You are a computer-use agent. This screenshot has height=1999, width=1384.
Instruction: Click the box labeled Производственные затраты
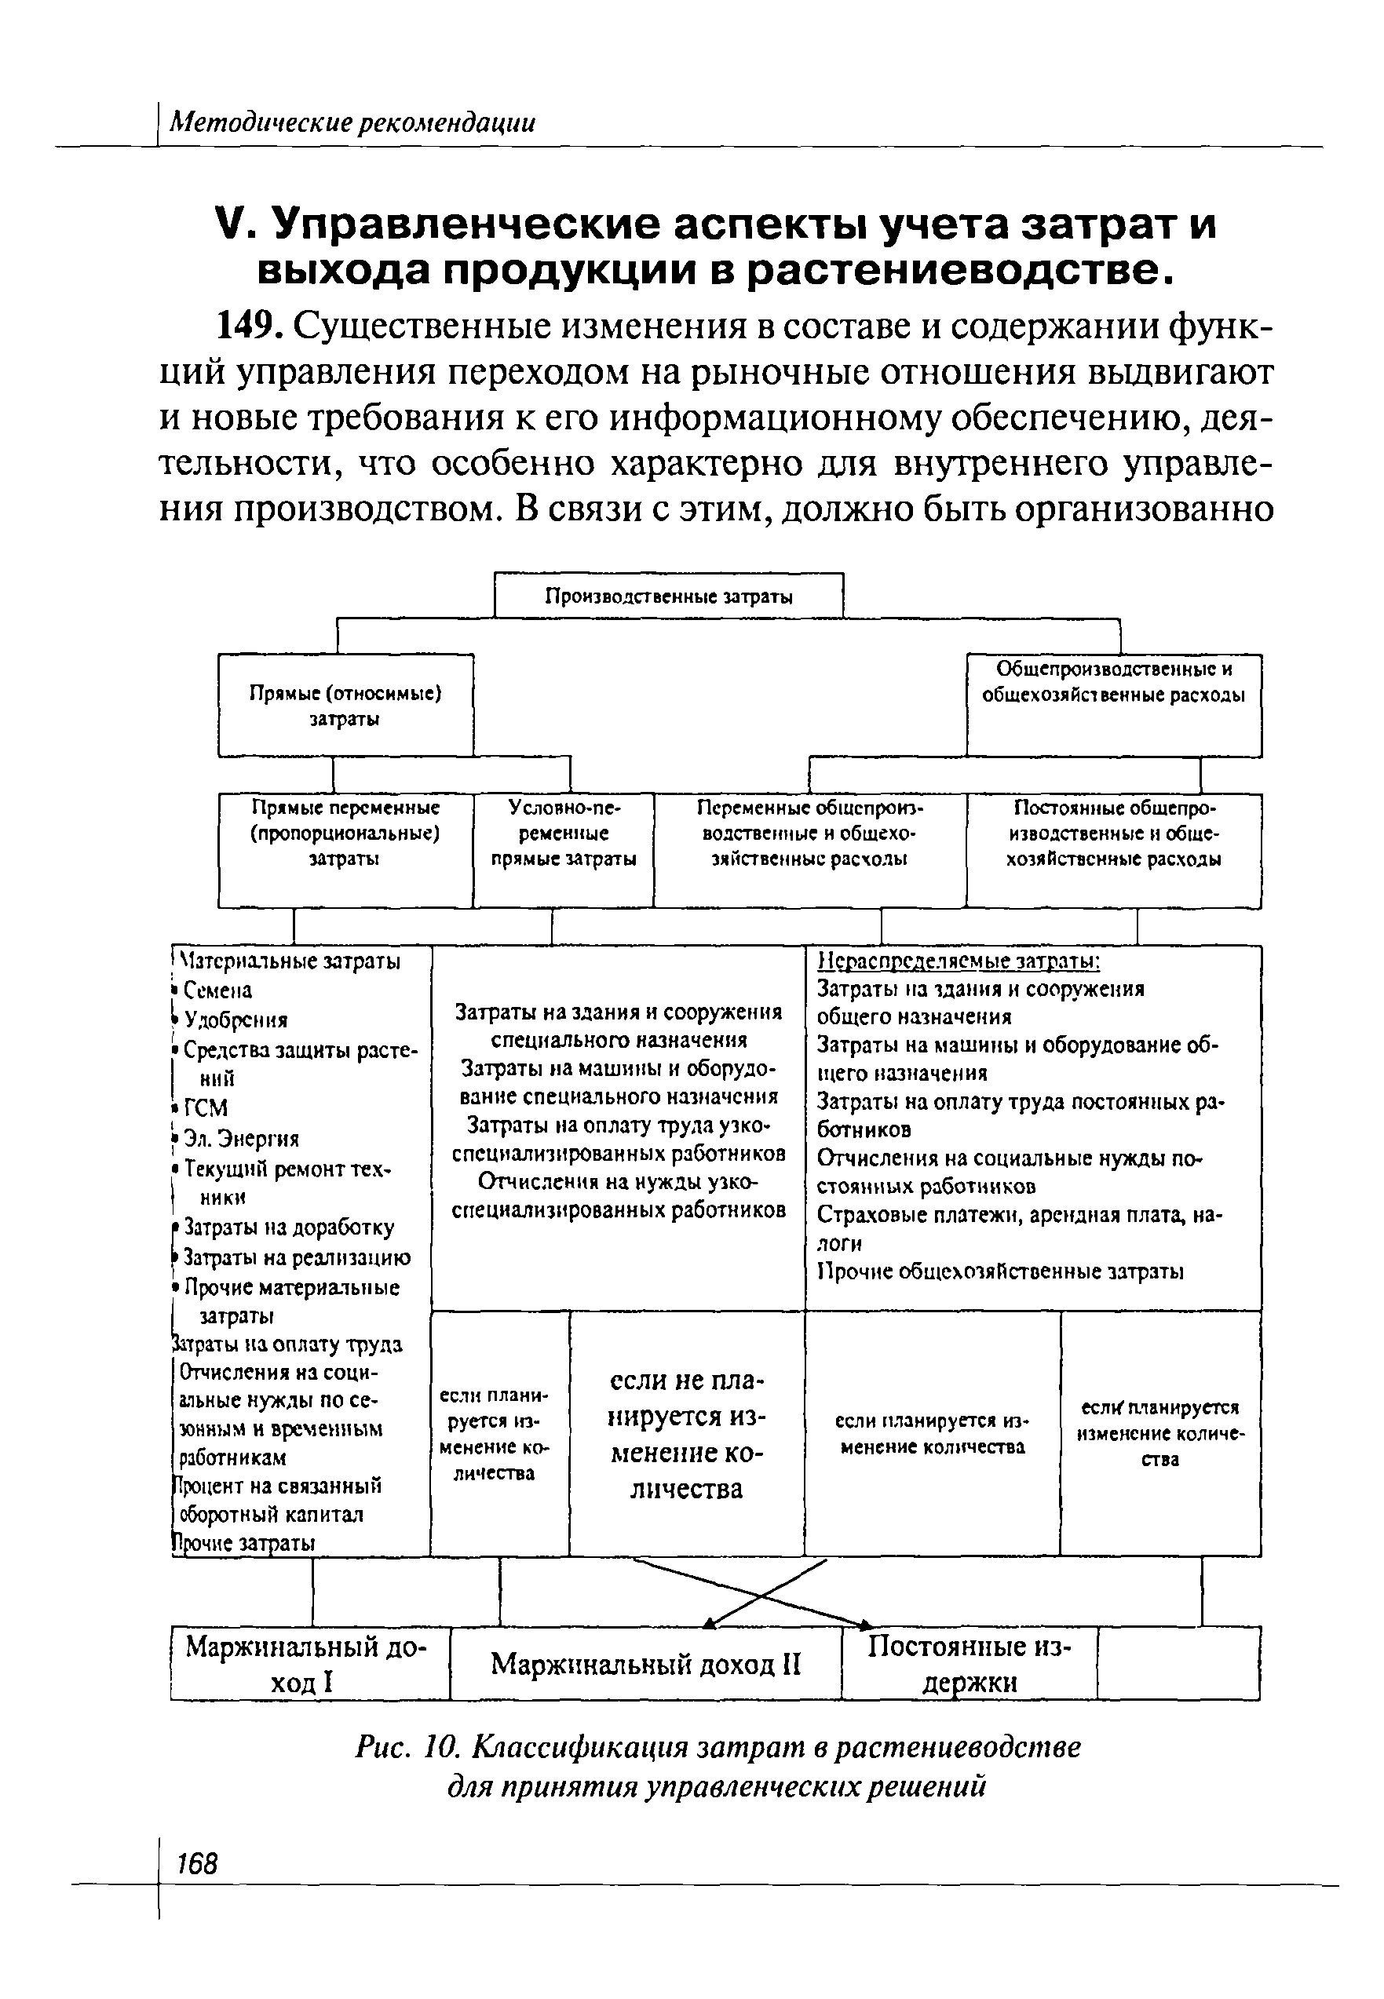point(668,596)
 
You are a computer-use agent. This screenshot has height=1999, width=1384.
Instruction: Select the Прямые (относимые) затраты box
point(345,706)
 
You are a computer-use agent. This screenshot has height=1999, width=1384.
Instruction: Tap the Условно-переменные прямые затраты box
point(564,833)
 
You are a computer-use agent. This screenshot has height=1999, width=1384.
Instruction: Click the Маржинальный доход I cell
point(309,1665)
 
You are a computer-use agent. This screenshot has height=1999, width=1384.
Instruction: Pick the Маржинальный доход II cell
point(646,1665)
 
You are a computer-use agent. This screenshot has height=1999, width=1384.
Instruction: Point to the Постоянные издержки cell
point(970,1665)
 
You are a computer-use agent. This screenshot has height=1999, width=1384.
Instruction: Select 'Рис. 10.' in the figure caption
point(407,1748)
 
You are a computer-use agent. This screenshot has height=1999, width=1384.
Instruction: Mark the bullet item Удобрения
point(235,1020)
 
